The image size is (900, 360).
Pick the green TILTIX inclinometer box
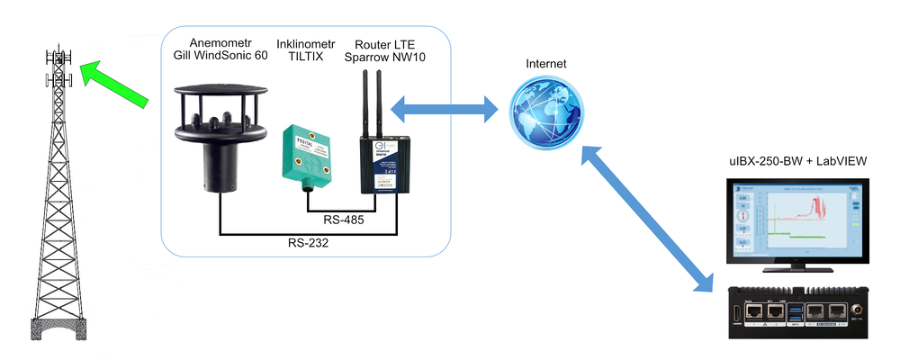(308, 153)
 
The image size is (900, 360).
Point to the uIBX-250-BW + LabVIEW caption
(796, 160)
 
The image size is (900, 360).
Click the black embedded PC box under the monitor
(796, 311)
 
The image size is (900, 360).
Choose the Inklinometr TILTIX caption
(307, 50)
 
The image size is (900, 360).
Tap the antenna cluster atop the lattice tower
(58, 67)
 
